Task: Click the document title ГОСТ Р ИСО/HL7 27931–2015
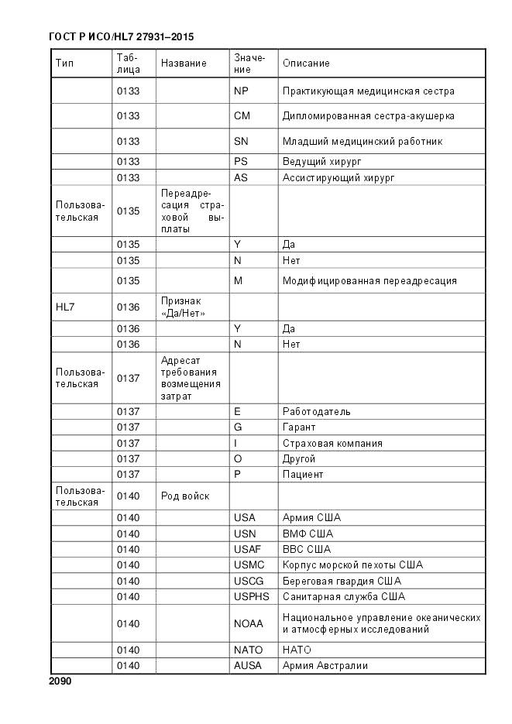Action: point(121,36)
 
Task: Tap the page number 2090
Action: point(60,681)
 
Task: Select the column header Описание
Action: point(306,63)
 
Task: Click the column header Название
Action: point(184,63)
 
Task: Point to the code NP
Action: point(241,91)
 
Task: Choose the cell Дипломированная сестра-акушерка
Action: point(368,115)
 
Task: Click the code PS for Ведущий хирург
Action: point(240,162)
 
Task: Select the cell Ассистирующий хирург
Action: point(338,177)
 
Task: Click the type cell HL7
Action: point(65,307)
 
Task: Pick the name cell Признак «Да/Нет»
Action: point(183,307)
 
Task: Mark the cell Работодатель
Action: point(316,411)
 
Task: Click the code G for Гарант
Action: point(238,427)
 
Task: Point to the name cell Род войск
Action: point(185,496)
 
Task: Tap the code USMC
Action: point(249,564)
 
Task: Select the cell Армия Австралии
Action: point(325,665)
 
